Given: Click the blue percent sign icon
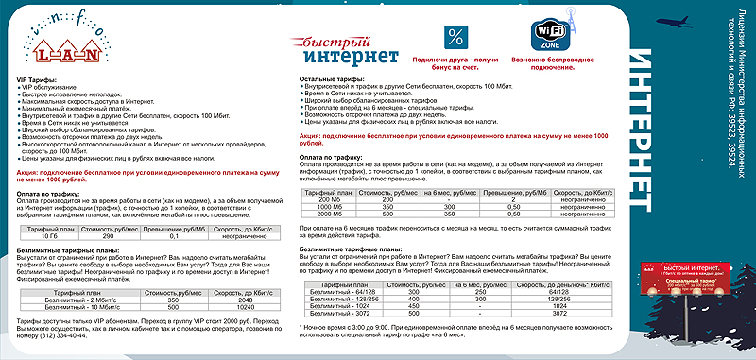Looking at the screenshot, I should [455, 38].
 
